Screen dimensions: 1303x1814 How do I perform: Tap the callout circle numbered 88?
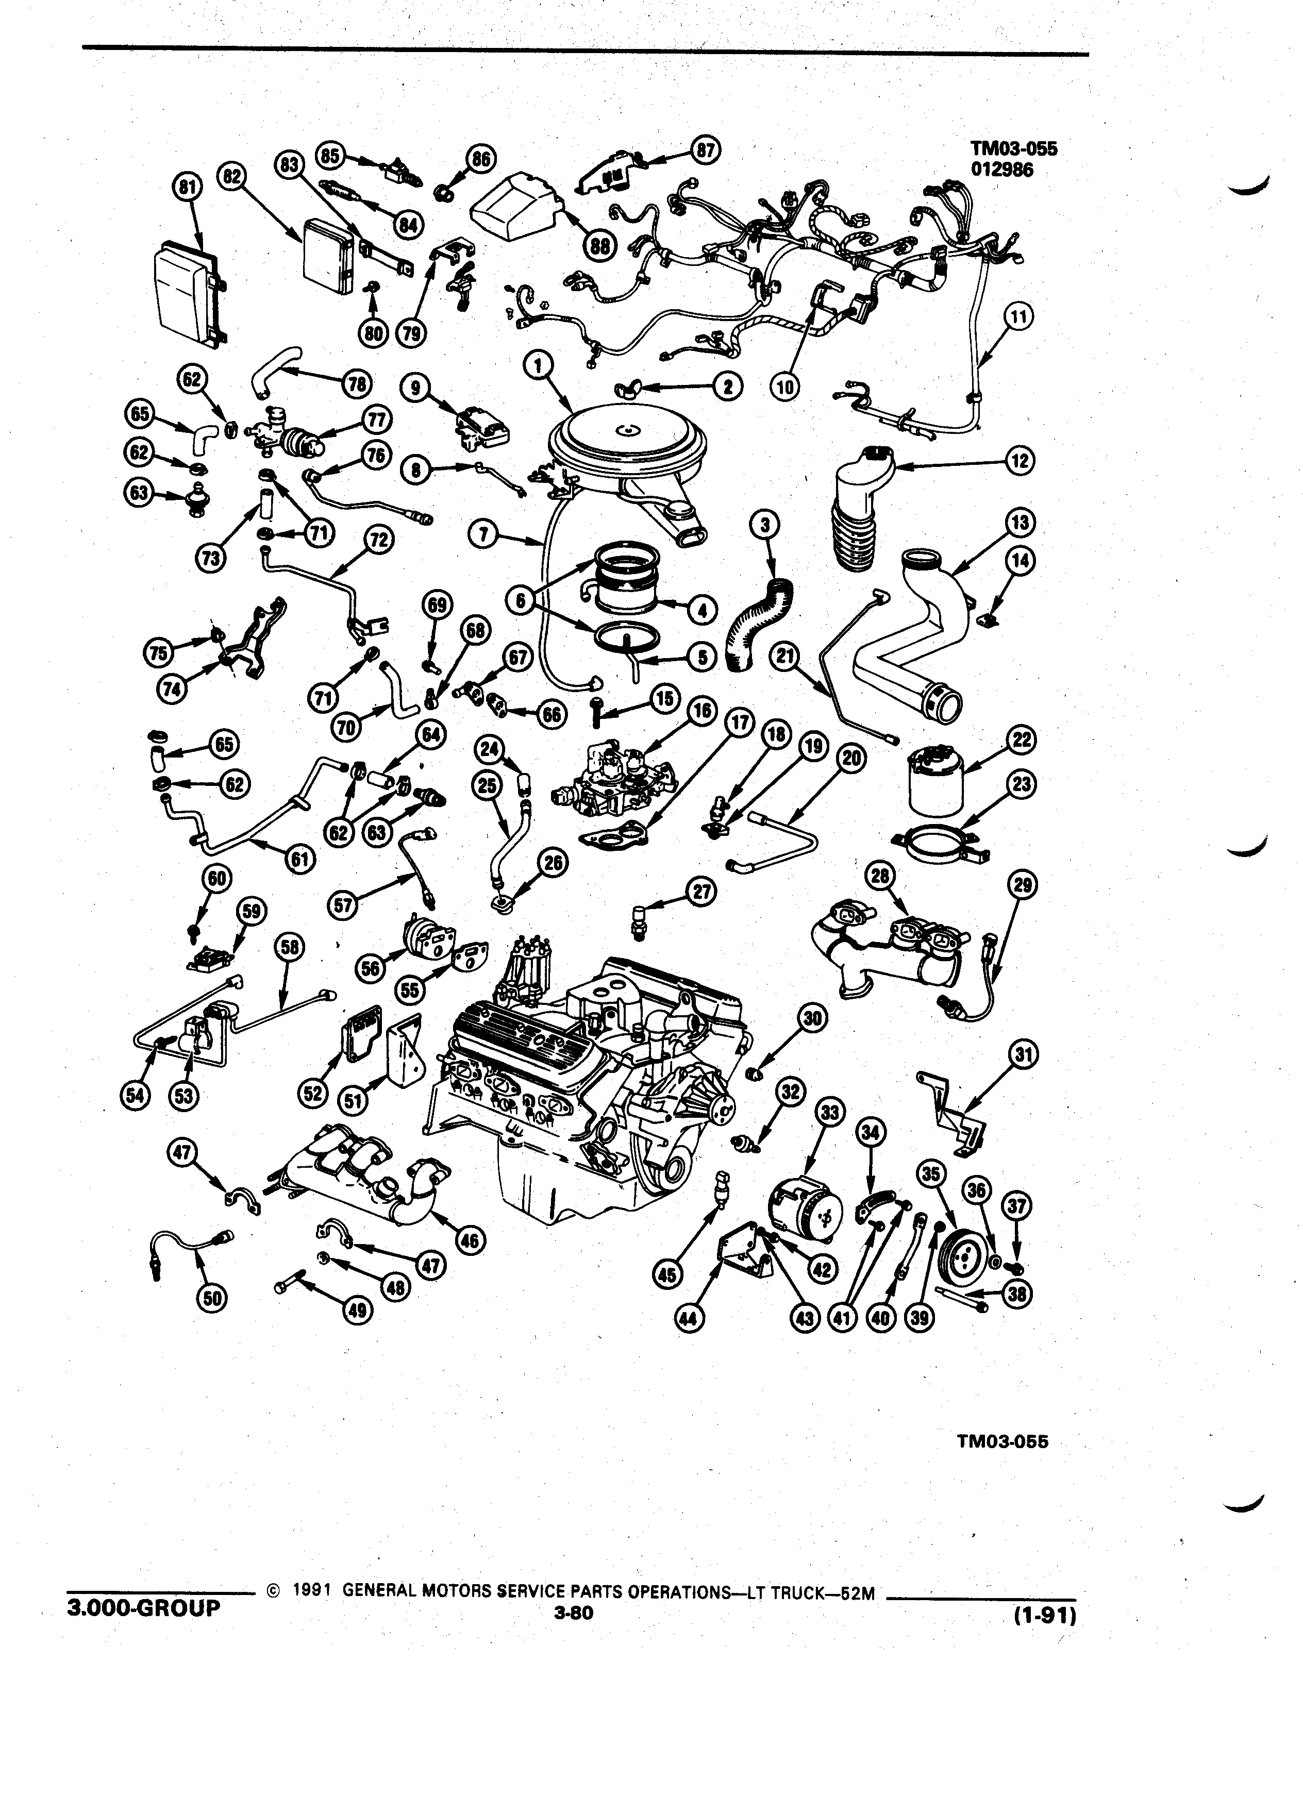[598, 245]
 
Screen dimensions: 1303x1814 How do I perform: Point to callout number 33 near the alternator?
[829, 1111]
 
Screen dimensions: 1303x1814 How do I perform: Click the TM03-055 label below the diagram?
[1001, 1442]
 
